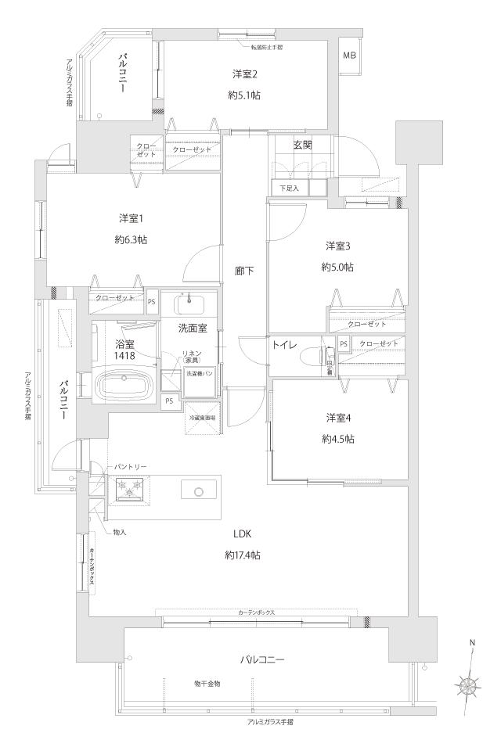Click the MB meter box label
(x=349, y=56)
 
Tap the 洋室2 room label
(x=245, y=74)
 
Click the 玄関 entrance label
(x=304, y=144)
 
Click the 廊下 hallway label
(x=243, y=271)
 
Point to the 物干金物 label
(x=207, y=683)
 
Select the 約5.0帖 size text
(x=337, y=267)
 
